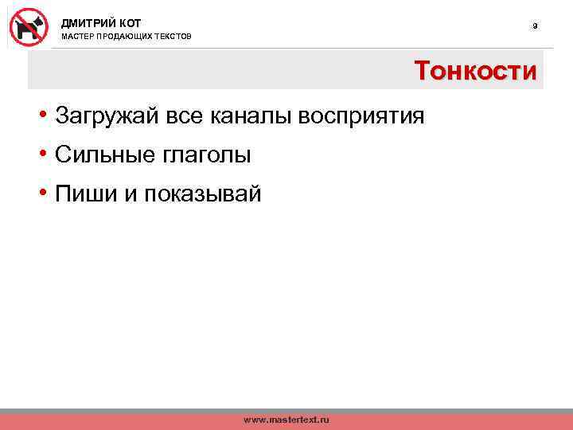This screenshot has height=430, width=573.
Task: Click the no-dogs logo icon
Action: click(x=29, y=26)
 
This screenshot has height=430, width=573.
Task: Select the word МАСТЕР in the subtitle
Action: click(x=77, y=37)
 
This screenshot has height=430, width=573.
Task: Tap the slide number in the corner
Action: click(x=535, y=26)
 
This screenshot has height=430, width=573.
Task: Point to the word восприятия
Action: click(x=361, y=117)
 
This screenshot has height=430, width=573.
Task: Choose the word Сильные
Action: click(x=103, y=155)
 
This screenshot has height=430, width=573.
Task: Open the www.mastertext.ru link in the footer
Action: click(x=286, y=419)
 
